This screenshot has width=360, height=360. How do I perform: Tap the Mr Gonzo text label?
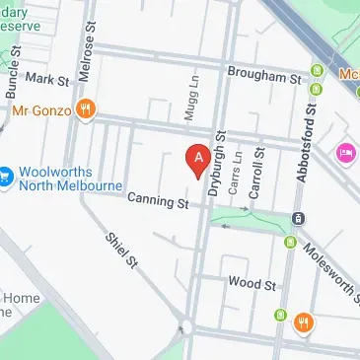[x=41, y=109]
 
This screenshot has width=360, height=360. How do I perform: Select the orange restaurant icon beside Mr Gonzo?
[x=86, y=109]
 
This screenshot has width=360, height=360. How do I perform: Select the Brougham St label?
[x=264, y=74]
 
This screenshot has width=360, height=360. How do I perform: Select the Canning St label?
[x=157, y=201]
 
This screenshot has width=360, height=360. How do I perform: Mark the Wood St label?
[x=251, y=283]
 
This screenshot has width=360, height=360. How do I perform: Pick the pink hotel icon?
[x=346, y=153]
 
